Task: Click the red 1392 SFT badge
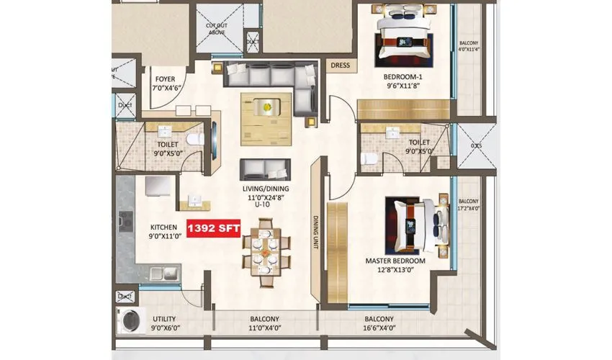(213, 228)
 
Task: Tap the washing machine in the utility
(130, 319)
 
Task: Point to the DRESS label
(340, 66)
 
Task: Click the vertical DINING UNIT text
(315, 230)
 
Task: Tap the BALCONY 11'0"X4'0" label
(265, 323)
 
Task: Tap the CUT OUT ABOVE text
(217, 29)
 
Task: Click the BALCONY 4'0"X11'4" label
(468, 46)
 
